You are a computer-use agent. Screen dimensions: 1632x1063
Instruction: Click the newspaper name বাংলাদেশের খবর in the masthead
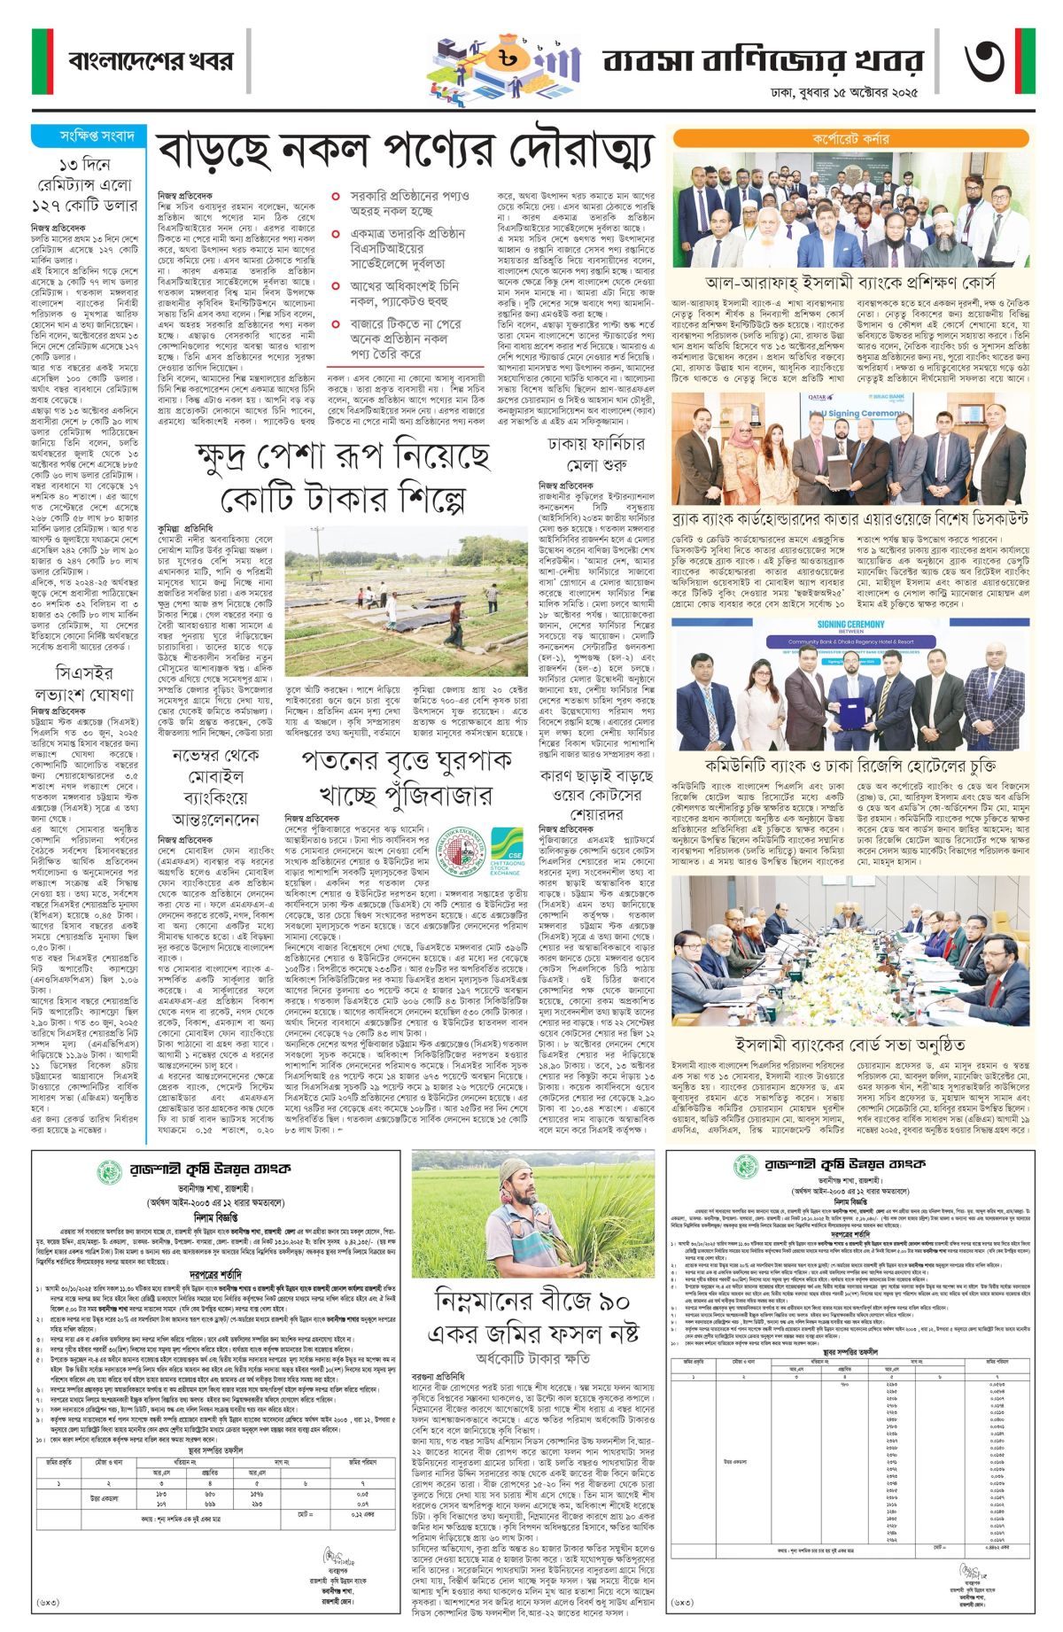point(151,61)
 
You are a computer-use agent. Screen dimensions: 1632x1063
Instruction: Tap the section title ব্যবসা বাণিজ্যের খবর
point(763,61)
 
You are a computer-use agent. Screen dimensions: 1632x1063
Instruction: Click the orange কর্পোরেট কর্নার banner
point(850,139)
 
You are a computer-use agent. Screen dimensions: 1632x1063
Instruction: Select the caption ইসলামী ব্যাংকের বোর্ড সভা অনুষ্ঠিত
point(850,1045)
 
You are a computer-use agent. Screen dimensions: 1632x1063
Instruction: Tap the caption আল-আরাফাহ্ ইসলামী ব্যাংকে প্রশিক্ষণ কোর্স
point(850,284)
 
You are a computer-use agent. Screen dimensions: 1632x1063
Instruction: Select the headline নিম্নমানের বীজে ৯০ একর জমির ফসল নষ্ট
point(532,1317)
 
